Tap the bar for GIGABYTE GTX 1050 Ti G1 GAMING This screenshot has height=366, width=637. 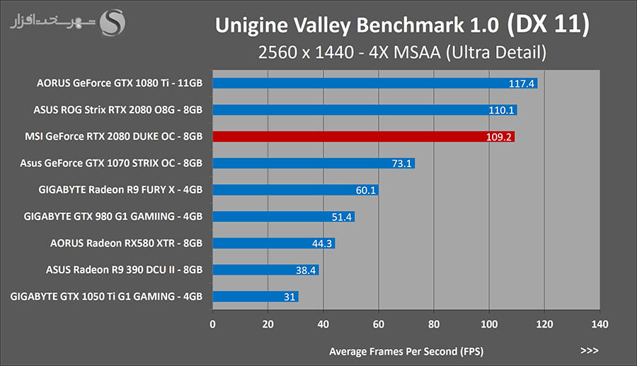tap(255, 297)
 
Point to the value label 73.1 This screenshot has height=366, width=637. tap(401, 164)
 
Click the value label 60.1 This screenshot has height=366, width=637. tap(365, 190)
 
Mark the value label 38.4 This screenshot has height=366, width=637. tap(305, 270)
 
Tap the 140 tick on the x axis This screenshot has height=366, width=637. tap(599, 325)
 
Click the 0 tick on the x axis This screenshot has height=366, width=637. tap(213, 325)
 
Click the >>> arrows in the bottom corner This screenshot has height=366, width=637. tap(589, 350)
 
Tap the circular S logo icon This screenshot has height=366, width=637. tap(113, 23)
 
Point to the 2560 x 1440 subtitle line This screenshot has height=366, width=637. tap(401, 52)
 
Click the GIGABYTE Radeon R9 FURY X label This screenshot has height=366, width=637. tap(120, 190)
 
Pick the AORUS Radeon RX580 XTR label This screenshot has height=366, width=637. tap(126, 243)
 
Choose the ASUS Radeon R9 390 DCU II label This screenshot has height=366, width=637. tap(124, 270)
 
